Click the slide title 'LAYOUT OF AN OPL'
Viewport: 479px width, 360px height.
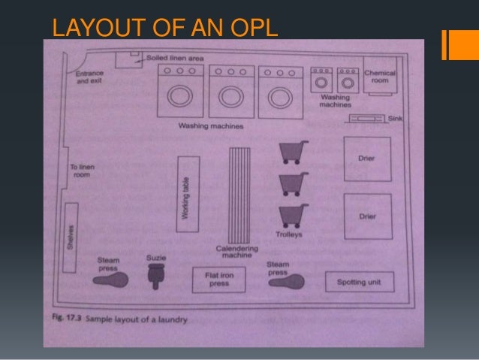(164, 29)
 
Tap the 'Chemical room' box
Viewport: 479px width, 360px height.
(379, 79)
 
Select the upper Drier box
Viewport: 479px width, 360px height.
(367, 159)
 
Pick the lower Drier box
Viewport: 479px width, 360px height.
(367, 216)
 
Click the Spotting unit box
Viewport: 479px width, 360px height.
(359, 282)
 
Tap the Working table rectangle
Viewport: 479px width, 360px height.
(188, 188)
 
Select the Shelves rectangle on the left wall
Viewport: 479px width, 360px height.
(71, 237)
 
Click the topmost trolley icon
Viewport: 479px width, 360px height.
(293, 153)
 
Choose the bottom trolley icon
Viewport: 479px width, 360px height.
(293, 216)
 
